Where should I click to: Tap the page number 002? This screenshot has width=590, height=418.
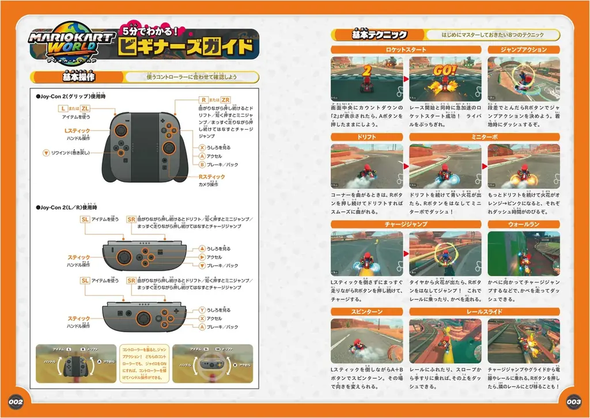[15, 401]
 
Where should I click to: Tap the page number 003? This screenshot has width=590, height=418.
[574, 401]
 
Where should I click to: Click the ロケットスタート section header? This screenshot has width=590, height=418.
[406, 50]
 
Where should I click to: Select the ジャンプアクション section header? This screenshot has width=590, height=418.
[523, 50]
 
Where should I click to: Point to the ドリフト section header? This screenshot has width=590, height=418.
[366, 137]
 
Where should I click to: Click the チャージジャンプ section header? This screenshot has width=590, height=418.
[406, 225]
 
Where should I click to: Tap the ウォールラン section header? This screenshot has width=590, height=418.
[523, 225]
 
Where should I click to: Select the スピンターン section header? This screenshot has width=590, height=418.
[366, 311]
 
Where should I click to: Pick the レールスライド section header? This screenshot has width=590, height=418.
[485, 311]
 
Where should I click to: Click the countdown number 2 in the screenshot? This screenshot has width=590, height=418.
[366, 70]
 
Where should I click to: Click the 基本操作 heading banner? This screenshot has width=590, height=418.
[79, 77]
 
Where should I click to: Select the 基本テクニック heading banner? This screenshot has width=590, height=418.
[379, 35]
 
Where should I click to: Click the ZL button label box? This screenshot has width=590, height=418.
[85, 108]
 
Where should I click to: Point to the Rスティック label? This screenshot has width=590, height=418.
[211, 177]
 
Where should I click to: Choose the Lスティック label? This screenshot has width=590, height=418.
[77, 131]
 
